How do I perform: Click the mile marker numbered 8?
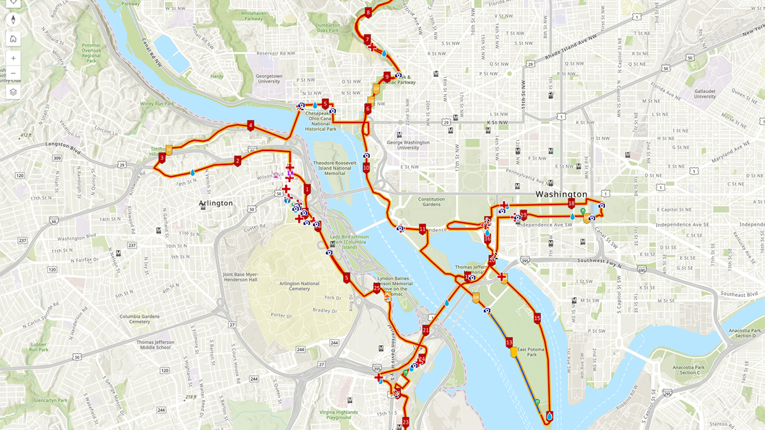(x=368, y=12)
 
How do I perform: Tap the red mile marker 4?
(x=251, y=125)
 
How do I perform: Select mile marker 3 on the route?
(x=162, y=157)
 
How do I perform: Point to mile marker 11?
(x=422, y=229)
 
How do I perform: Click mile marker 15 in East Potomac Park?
(x=537, y=318)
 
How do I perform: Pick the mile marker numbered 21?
(x=426, y=330)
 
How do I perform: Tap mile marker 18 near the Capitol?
(x=571, y=203)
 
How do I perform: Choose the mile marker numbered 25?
(x=377, y=289)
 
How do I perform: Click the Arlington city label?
(x=215, y=203)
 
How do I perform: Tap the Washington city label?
(x=561, y=194)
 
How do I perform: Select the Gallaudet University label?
(x=705, y=93)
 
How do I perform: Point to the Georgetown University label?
(x=268, y=78)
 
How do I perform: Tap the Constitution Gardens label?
(x=432, y=202)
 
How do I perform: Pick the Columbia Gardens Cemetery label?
(x=131, y=319)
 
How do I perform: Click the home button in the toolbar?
(x=13, y=38)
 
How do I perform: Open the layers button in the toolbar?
(x=13, y=92)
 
